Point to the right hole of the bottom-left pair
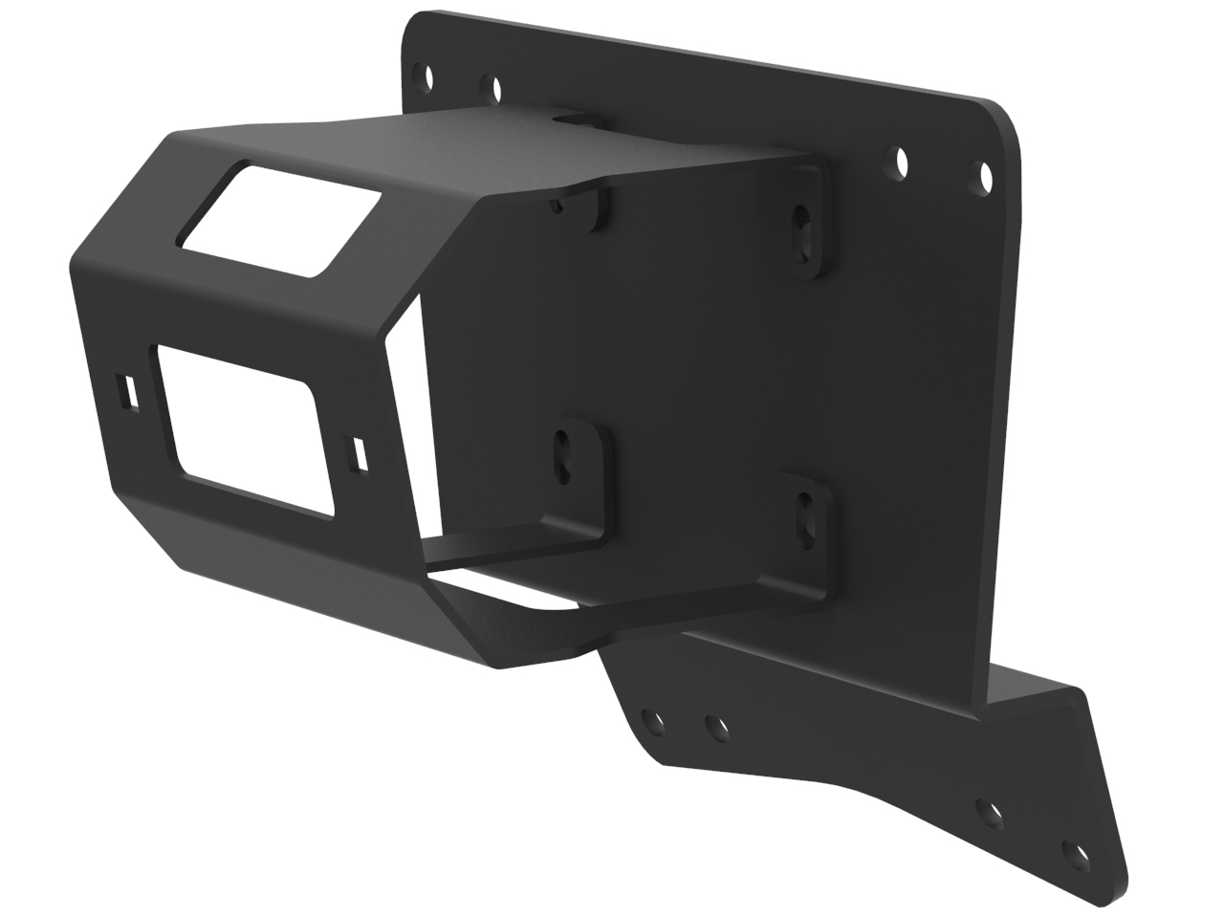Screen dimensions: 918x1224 pos(713,729)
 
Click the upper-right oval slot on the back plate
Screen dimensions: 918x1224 pos(801,230)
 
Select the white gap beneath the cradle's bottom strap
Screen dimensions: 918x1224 pos(507,584)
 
